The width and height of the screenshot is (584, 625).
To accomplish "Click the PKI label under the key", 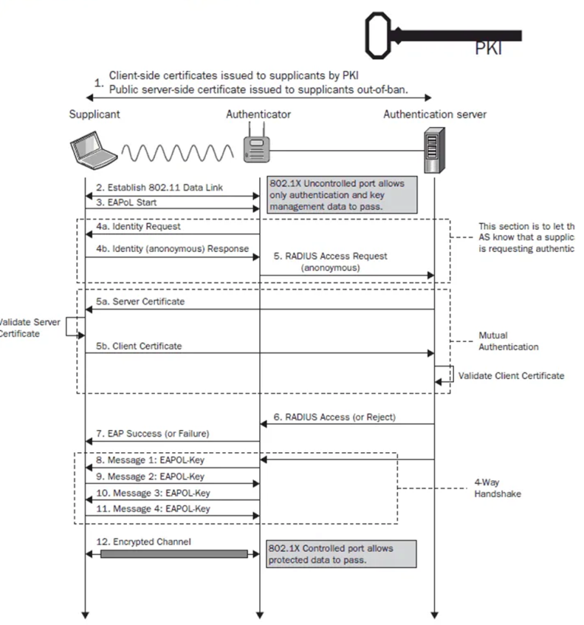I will coord(489,49).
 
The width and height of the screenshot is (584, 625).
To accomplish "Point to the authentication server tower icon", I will coord(435,153).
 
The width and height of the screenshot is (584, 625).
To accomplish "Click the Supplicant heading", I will coord(94,115).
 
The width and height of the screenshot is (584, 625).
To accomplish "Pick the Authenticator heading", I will coord(259,115).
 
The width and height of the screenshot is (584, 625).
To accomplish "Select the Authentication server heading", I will coord(435,115).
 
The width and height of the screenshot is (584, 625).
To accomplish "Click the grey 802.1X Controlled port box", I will coord(341,553).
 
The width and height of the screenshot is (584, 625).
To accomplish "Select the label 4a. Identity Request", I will coord(138,227).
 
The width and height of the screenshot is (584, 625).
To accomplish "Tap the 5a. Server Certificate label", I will coord(139,301).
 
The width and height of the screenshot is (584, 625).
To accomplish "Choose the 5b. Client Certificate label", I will coord(138,346).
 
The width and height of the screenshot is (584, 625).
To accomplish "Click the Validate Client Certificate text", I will coord(511,375).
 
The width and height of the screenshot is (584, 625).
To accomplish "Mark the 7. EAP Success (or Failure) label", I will coord(152,433).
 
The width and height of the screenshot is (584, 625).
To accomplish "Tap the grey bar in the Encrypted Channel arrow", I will coord(174,553).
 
